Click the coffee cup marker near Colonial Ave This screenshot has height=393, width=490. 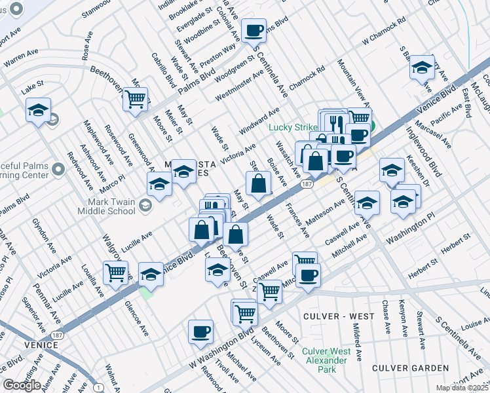pyautogui.click(x=254, y=30)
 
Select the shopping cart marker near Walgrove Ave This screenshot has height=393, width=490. pyautogui.click(x=116, y=272)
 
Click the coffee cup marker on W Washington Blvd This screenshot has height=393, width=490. pyautogui.click(x=200, y=331)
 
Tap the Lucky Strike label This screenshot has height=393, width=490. pyautogui.click(x=292, y=128)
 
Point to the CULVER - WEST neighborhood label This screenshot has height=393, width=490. pyautogui.click(x=339, y=316)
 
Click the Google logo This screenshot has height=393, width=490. pyautogui.click(x=22, y=385)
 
